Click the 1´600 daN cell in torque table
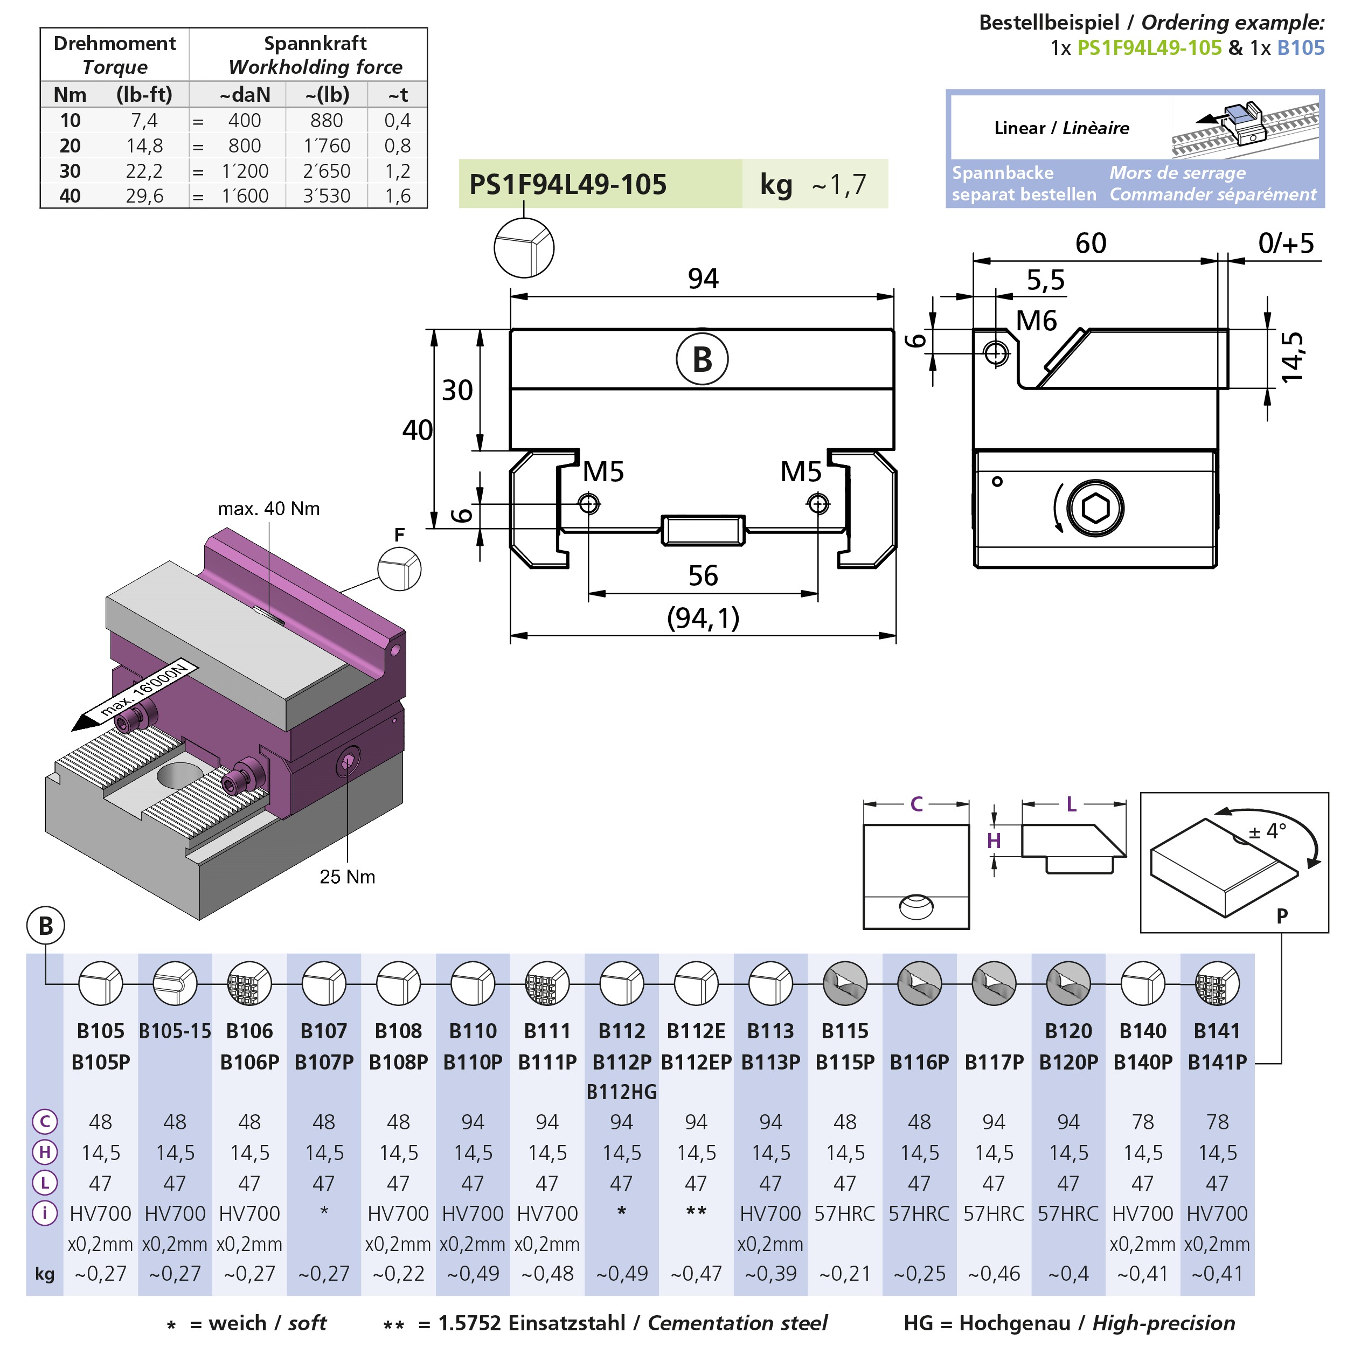[245, 196]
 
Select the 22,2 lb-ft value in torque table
[144, 171]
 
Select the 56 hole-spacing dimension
[703, 576]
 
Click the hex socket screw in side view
[1095, 508]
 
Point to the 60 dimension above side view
[1091, 244]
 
